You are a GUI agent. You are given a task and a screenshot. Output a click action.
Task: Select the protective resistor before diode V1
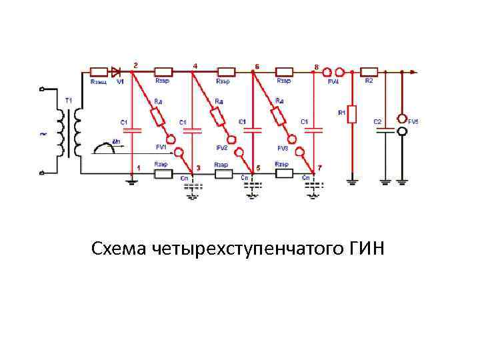click(99, 71)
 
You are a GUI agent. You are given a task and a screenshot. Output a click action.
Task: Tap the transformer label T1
click(68, 101)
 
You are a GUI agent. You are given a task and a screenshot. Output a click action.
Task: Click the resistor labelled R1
click(353, 114)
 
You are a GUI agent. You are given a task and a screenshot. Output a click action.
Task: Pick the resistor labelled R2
click(369, 71)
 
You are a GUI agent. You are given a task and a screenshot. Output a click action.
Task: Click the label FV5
click(414, 122)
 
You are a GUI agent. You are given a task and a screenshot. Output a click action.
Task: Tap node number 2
click(136, 65)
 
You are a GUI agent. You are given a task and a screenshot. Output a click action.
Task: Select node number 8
click(316, 65)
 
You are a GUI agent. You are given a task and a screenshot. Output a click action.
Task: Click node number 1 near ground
click(139, 167)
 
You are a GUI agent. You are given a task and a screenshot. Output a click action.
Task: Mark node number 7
click(320, 167)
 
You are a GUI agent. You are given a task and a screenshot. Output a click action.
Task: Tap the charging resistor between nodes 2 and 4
click(163, 71)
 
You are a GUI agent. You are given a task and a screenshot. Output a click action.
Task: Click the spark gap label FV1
click(161, 147)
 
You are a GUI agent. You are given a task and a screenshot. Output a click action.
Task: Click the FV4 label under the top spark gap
click(333, 81)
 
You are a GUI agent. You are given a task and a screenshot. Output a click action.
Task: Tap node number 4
click(195, 65)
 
